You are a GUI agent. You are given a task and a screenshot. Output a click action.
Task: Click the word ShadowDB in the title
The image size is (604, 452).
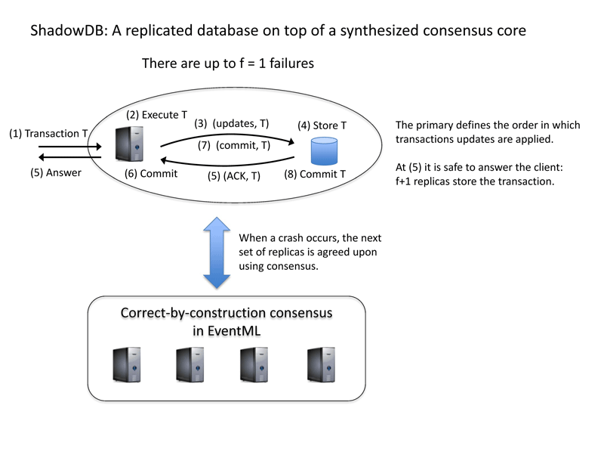tap(67, 30)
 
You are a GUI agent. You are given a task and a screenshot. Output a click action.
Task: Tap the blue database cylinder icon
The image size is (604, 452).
tap(324, 151)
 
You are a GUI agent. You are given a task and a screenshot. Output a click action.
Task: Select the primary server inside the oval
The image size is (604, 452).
tap(129, 144)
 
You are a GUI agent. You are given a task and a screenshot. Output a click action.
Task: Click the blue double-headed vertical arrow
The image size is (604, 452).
tap(217, 252)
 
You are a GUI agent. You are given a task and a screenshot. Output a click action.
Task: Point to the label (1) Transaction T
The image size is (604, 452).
tap(48, 134)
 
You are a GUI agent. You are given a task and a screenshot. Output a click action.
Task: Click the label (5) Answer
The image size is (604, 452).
tap(56, 172)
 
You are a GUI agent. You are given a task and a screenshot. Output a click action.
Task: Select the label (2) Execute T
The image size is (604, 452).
tap(156, 115)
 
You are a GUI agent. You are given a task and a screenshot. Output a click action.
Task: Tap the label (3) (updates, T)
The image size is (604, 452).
tap(232, 123)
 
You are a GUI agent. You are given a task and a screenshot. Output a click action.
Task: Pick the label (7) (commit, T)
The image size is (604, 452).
tap(234, 145)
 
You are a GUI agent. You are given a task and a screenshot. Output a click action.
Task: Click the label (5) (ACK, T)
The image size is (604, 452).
tap(234, 176)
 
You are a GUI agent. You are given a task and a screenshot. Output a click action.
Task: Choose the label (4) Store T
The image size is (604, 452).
tap(322, 125)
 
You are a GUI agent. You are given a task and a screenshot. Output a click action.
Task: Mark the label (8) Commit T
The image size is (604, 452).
tap(315, 175)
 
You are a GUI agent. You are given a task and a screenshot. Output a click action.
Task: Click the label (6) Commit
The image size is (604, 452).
tap(151, 174)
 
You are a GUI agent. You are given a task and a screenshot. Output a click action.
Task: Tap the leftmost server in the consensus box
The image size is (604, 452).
tap(127, 365)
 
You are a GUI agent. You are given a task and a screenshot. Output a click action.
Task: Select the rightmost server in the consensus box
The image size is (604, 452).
tap(322, 365)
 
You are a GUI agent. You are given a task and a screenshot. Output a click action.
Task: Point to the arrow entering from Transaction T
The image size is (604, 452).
tap(69, 147)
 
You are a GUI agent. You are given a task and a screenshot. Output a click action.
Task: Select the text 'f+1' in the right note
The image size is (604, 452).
tap(403, 181)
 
